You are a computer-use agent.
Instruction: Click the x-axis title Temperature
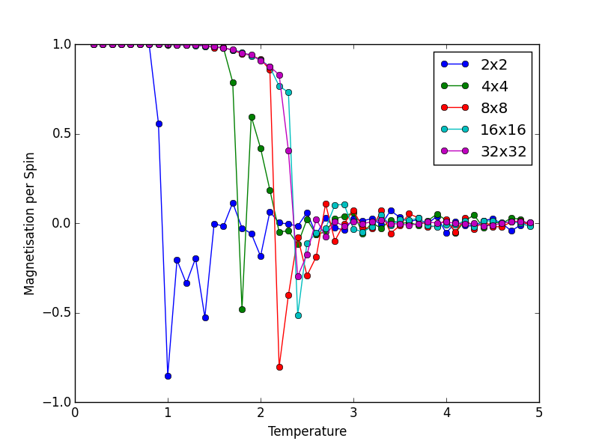pos(307,432)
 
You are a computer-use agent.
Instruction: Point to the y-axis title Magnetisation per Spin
pos(30,223)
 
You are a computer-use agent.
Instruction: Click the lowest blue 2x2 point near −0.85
pos(168,376)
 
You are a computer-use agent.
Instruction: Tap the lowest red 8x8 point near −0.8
pos(279,367)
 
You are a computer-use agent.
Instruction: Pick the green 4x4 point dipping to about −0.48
pos(242,309)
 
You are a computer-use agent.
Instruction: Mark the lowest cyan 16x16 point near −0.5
pos(298,315)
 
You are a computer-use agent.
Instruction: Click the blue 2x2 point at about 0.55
pos(159,124)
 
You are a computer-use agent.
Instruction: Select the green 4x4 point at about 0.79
pos(233,82)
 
